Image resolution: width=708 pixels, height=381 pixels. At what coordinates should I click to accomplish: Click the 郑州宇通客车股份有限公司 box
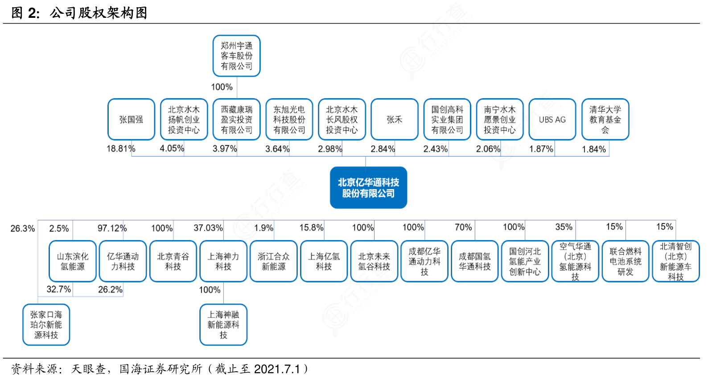(x=236, y=56)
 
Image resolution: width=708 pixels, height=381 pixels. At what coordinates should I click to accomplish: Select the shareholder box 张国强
(x=131, y=120)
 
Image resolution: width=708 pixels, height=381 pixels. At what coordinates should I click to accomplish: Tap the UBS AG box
(x=552, y=120)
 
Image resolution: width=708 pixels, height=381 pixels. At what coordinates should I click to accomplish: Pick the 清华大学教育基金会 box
(x=605, y=120)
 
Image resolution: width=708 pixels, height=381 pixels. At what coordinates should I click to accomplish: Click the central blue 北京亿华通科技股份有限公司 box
(x=368, y=187)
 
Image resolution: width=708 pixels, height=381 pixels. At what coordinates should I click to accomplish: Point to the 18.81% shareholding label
(x=121, y=149)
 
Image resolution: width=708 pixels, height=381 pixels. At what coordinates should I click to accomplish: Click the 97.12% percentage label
(x=112, y=228)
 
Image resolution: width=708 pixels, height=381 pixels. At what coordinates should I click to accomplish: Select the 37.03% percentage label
(x=208, y=228)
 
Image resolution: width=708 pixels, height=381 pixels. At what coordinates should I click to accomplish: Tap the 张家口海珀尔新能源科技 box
(x=46, y=325)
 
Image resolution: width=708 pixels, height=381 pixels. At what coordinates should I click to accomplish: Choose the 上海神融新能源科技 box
(x=223, y=325)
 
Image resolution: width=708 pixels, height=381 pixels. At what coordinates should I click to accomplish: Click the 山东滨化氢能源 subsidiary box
(x=72, y=261)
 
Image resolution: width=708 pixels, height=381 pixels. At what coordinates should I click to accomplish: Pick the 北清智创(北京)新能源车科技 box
(x=676, y=261)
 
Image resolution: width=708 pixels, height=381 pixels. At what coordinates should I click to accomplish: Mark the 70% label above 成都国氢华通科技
(x=463, y=228)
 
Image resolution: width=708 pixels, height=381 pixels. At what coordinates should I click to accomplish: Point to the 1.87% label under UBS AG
(x=541, y=149)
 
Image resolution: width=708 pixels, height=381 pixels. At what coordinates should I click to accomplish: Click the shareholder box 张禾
(x=395, y=120)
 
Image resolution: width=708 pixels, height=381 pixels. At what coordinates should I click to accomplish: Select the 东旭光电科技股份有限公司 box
(x=289, y=120)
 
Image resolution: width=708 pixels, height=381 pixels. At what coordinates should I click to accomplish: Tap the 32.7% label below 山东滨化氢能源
(x=58, y=289)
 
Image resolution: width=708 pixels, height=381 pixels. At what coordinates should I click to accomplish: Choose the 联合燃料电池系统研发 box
(x=626, y=261)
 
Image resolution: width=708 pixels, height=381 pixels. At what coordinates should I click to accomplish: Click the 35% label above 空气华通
(x=564, y=227)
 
